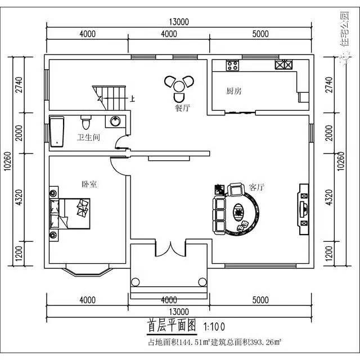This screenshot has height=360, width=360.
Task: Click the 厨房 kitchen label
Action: pyautogui.click(x=234, y=91)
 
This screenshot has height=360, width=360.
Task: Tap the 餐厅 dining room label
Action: pyautogui.click(x=182, y=109)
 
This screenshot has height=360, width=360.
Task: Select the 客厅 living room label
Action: pyautogui.click(x=256, y=187)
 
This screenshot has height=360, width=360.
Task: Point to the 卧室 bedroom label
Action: pyautogui.click(x=89, y=184)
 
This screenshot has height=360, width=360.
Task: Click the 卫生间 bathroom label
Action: pyautogui.click(x=88, y=137)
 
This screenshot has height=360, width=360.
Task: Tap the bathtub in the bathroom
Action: pyautogui.click(x=57, y=132)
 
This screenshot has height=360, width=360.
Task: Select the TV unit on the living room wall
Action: pyautogui.click(x=303, y=206)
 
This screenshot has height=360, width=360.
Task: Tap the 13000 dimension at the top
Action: pyautogui.click(x=178, y=22)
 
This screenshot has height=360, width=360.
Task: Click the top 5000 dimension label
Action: pyautogui.click(x=260, y=34)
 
